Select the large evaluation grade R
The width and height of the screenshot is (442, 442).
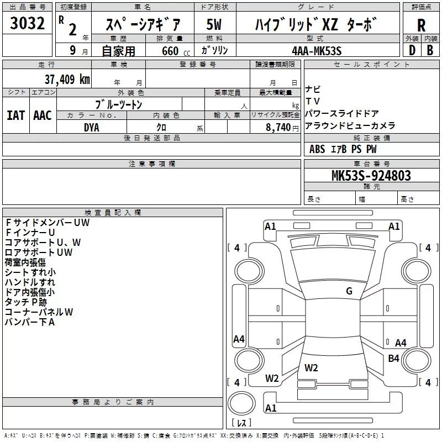click(x=421, y=26)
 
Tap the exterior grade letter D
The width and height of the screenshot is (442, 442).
click(x=412, y=50)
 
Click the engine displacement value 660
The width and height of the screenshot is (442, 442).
click(x=170, y=51)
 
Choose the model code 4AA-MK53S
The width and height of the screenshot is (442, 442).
click(x=317, y=51)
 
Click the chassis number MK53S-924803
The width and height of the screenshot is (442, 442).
click(x=371, y=176)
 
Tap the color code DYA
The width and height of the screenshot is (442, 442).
click(x=92, y=127)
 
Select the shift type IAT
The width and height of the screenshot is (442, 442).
click(x=15, y=115)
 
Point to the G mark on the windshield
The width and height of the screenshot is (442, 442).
click(x=349, y=291)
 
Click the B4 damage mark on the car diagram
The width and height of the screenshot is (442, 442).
click(x=393, y=359)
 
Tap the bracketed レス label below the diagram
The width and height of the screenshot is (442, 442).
click(x=241, y=424)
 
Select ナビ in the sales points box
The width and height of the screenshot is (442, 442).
click(x=313, y=89)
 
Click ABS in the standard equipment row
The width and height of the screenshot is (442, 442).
click(x=317, y=149)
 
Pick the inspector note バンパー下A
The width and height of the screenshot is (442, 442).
click(x=30, y=322)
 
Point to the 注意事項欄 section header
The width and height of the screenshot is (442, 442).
click(x=151, y=164)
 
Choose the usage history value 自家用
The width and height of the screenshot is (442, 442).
click(x=118, y=51)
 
